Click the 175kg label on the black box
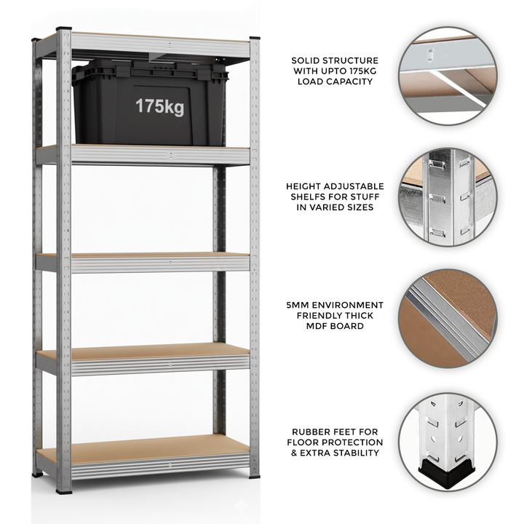click(159, 106)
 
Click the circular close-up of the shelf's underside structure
click(447, 76)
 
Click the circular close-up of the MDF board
click(447, 317)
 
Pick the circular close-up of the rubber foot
click(447, 441)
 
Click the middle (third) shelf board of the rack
click(146, 257)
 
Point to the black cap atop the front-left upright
click(64, 31)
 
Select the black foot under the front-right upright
click(255, 476)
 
